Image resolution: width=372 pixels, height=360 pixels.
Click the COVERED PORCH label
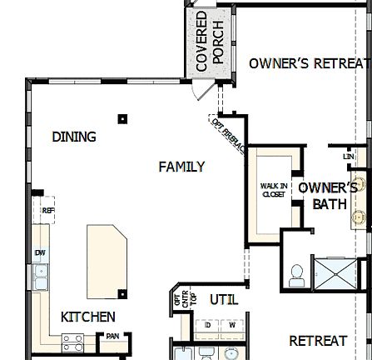pos(208,40)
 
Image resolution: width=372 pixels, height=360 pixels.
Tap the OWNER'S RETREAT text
pos(308,63)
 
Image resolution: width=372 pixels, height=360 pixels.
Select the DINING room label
pos(74,137)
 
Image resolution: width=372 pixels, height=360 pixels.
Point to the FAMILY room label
pos(181,167)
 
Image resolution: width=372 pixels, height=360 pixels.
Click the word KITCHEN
pos(88,317)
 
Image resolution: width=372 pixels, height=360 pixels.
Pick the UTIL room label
pos(224,298)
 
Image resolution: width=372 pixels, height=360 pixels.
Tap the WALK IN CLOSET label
pos(273,190)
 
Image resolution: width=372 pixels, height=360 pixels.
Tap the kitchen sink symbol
pos(39,275)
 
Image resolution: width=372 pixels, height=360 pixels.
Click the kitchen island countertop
pos(107,259)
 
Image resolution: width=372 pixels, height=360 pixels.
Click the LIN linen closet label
pos(348,156)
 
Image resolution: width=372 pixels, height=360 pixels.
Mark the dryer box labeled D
pos(208,323)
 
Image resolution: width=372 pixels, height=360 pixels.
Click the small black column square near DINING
pos(122,119)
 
